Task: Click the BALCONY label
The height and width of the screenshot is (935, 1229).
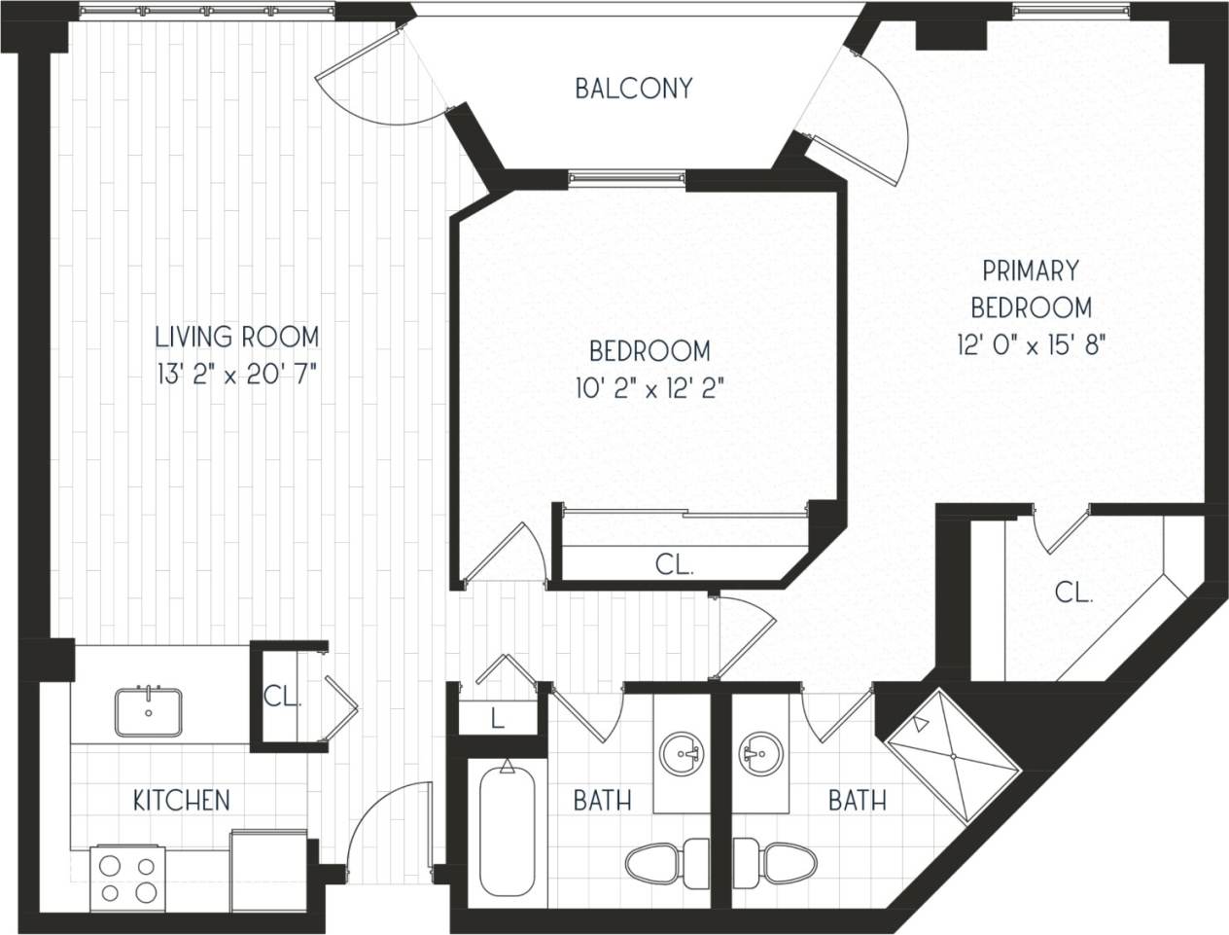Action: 633,89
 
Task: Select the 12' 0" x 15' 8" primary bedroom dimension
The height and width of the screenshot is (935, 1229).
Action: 1031,344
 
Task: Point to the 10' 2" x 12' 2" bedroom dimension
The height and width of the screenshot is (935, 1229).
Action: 650,388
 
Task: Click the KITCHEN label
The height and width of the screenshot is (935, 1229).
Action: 182,800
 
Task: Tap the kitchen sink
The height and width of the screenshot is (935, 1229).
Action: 149,711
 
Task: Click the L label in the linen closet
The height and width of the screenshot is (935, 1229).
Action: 497,720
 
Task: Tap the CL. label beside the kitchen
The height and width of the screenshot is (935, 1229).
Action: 282,697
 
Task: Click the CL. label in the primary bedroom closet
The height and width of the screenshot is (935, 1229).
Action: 1073,593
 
